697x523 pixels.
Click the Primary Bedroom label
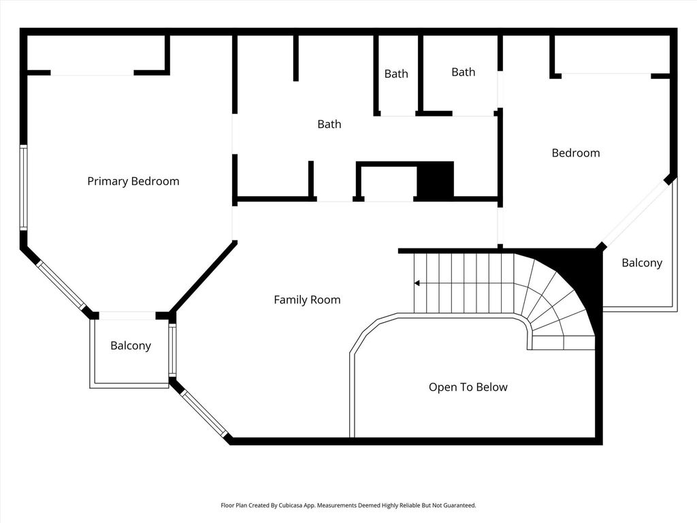tap(133, 181)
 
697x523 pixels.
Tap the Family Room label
tap(307, 300)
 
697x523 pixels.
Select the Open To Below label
tap(468, 387)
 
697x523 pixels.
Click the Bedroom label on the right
tap(576, 153)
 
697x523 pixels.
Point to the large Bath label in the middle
tap(329, 125)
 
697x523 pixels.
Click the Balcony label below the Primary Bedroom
tap(131, 346)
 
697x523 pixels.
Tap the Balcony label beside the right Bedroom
tap(642, 263)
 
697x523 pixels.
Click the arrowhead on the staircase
tap(417, 283)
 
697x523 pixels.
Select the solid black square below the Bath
tap(435, 180)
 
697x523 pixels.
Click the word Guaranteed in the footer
tap(457, 505)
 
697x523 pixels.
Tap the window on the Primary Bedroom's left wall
tap(23, 187)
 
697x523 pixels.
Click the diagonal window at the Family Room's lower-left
tap(204, 412)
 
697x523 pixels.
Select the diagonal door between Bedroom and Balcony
tap(634, 212)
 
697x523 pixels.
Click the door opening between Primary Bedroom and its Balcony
tap(127, 315)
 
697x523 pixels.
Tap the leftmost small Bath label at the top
tap(396, 74)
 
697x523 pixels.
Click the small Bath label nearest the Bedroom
tap(464, 72)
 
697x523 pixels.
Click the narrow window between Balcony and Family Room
tap(172, 351)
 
